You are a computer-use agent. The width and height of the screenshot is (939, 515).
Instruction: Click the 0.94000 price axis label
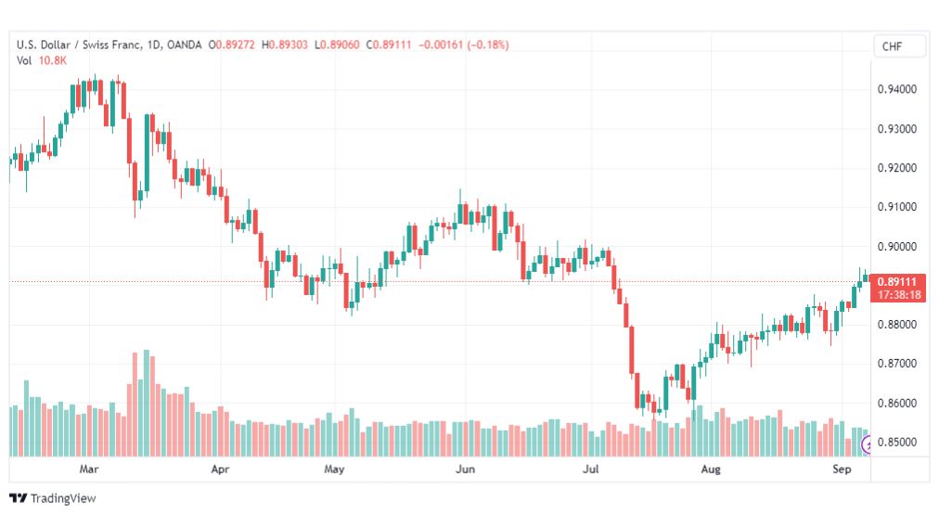point(896,89)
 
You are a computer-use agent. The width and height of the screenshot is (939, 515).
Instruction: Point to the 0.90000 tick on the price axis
point(896,246)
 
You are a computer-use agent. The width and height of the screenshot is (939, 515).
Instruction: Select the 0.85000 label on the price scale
point(896,442)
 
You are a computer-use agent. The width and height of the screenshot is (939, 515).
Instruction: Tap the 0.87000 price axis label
point(896,364)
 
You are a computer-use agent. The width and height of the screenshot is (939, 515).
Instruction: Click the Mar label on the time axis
point(89,469)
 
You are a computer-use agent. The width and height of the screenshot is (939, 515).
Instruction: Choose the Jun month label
point(465,469)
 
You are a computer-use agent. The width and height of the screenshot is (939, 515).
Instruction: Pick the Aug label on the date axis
point(711,469)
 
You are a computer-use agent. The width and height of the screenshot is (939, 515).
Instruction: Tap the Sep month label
point(842,469)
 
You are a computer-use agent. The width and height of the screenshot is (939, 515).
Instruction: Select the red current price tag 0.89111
point(897,281)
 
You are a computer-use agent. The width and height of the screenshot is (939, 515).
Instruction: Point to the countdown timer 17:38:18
point(899,295)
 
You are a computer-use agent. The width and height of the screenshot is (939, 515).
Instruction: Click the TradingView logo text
point(63,498)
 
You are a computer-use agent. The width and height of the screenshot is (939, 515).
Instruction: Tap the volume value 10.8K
point(53,60)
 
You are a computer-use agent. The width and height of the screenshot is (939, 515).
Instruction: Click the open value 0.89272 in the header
point(236,45)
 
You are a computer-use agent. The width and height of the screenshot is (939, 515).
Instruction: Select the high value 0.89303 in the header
point(288,45)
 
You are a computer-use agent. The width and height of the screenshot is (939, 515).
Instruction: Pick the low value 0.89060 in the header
point(340,45)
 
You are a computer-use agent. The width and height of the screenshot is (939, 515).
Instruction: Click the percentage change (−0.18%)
point(488,45)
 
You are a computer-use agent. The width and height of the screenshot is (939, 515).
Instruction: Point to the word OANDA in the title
point(185,45)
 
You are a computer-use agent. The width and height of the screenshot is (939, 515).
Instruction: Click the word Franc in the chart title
point(126,45)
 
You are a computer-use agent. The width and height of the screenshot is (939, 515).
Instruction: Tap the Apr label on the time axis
point(220,469)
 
